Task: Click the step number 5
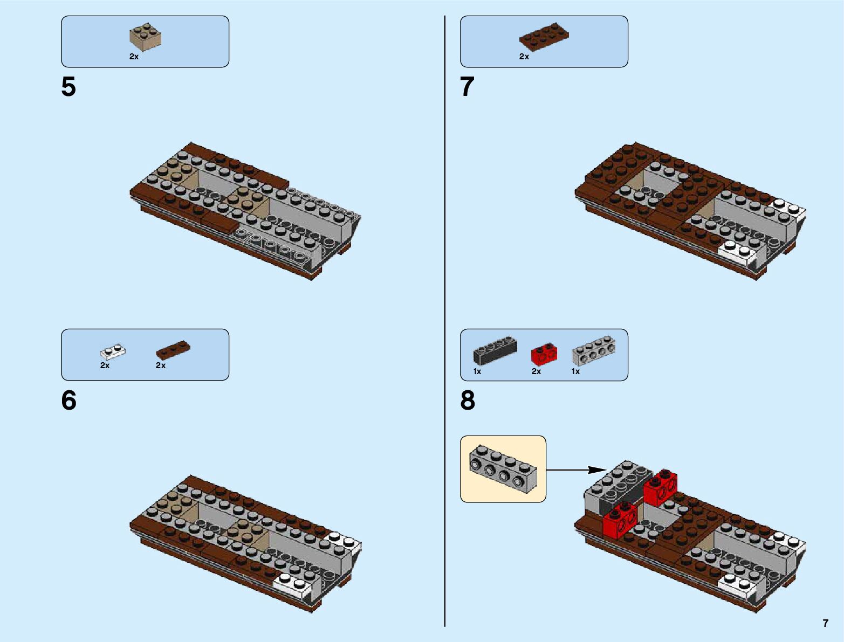coord(68,87)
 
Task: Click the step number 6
coord(68,401)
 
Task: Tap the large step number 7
coord(467,87)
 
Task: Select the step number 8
coord(468,401)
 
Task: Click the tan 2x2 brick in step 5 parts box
coord(146,37)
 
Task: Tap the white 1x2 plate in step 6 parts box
coord(113,353)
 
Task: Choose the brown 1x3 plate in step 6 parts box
coord(173,350)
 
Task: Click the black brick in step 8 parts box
coord(495,349)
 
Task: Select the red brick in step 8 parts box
coord(544,354)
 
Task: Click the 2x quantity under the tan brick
coord(134,57)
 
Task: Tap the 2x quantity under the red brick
coord(536,371)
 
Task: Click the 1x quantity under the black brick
coord(477,371)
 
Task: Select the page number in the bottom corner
coord(825,623)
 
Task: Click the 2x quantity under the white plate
coord(105,365)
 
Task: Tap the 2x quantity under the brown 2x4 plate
coord(524,57)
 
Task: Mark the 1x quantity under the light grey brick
coord(575,371)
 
